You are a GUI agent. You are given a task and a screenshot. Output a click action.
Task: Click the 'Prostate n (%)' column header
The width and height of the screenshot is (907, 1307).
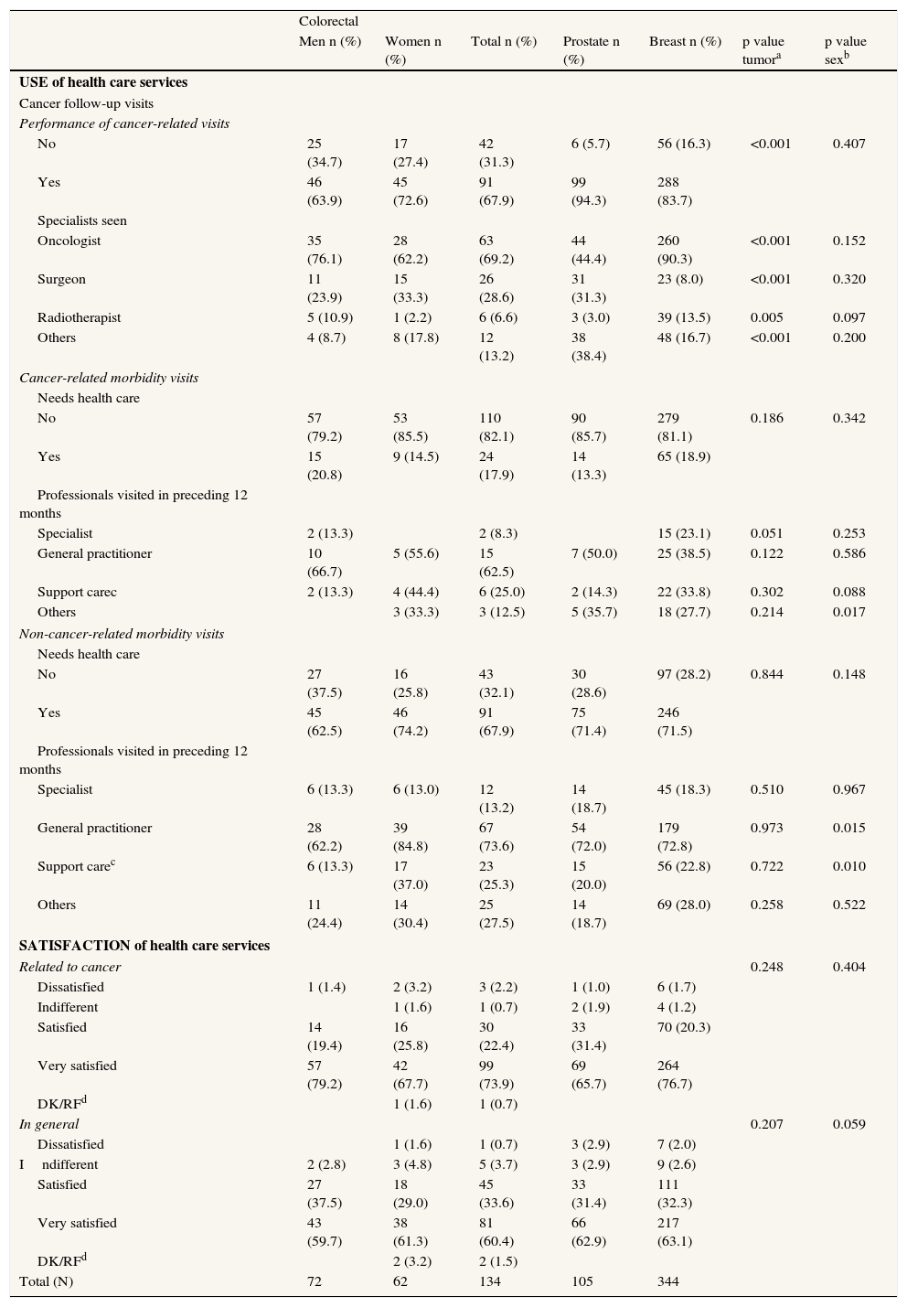591,50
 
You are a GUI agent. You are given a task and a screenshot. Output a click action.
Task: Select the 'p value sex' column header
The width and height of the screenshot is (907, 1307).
845,50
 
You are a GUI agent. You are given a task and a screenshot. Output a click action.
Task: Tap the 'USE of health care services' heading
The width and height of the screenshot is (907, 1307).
103,82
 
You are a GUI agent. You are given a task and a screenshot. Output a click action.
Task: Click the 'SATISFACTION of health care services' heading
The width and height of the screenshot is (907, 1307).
144,946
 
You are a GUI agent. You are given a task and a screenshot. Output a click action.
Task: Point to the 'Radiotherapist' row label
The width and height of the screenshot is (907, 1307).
79,317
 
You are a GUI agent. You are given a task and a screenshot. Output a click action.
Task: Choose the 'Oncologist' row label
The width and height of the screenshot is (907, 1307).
69,241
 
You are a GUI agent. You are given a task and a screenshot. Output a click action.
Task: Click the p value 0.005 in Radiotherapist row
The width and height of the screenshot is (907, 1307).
765,317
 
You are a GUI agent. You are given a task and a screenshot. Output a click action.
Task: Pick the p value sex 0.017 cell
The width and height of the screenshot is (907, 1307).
848,612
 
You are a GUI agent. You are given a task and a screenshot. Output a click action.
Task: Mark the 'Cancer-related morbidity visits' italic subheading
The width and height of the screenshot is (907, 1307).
109,378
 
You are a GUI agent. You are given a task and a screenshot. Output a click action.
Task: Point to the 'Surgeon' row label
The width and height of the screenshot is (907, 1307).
61,279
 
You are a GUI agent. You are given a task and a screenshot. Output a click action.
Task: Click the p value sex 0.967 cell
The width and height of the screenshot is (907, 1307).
848,789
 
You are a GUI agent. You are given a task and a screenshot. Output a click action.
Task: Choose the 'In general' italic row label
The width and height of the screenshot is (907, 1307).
49,1124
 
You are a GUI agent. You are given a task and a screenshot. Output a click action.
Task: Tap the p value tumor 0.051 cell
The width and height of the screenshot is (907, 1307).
765,533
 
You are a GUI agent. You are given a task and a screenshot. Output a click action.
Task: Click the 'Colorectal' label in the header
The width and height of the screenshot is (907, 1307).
328,21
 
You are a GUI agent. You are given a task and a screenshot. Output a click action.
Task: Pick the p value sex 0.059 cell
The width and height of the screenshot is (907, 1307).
848,1124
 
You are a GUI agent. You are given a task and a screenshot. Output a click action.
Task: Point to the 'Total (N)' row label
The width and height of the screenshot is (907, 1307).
47,1281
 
